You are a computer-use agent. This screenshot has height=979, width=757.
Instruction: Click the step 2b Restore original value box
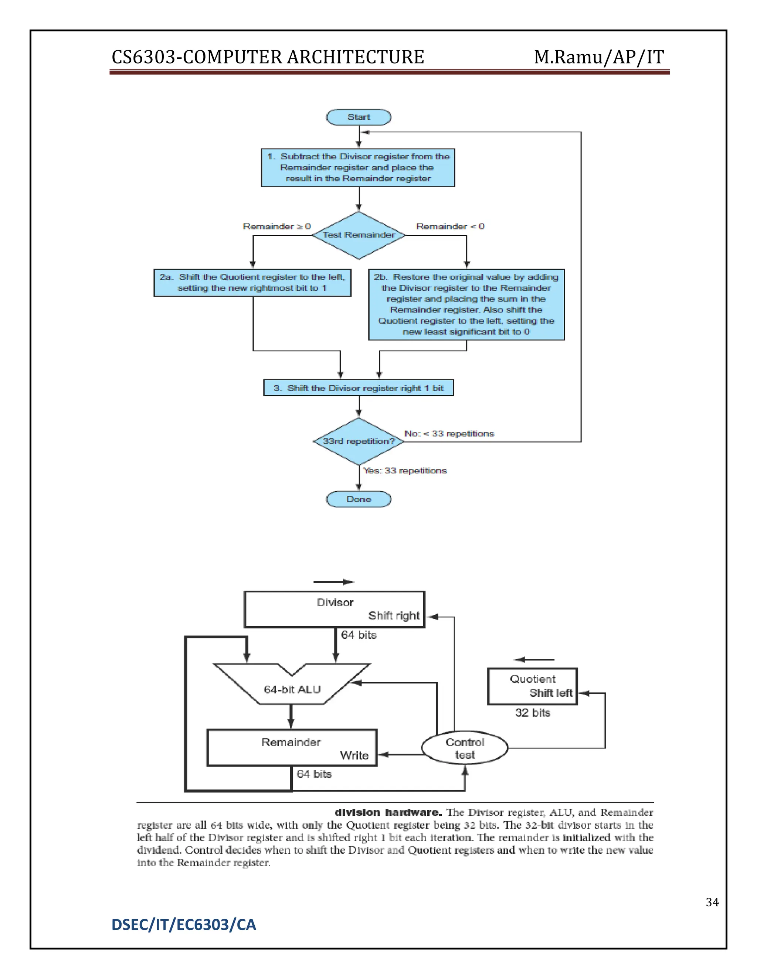[x=466, y=305]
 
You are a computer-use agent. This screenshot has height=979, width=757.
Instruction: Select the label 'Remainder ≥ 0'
[x=277, y=227]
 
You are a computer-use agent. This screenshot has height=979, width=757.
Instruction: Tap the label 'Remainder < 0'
[x=450, y=227]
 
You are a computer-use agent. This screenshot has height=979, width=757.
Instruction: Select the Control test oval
[x=465, y=748]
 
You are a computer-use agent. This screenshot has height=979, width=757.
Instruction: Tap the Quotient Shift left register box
[x=532, y=686]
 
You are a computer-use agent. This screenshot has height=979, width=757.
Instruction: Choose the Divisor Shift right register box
[x=335, y=609]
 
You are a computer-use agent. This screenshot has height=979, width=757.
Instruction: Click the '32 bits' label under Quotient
[x=532, y=713]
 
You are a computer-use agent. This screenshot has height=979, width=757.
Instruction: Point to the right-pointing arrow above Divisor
[x=334, y=582]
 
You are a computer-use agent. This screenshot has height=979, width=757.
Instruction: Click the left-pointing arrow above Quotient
[x=534, y=659]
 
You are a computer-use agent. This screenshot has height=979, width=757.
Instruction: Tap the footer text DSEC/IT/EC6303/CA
[x=183, y=925]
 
